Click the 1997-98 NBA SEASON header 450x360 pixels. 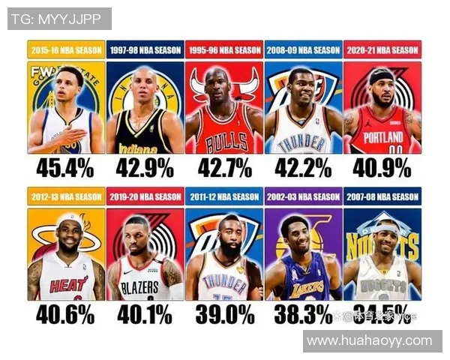coord(145,50)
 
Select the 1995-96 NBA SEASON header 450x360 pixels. coord(224,50)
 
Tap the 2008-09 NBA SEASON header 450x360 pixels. coord(303,50)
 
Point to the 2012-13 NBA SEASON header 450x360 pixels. coord(66,197)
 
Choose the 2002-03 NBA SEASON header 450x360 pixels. coord(303,197)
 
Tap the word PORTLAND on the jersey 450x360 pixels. coord(382,138)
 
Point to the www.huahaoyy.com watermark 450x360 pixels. coord(372,340)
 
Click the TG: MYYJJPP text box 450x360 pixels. coord(59,19)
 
